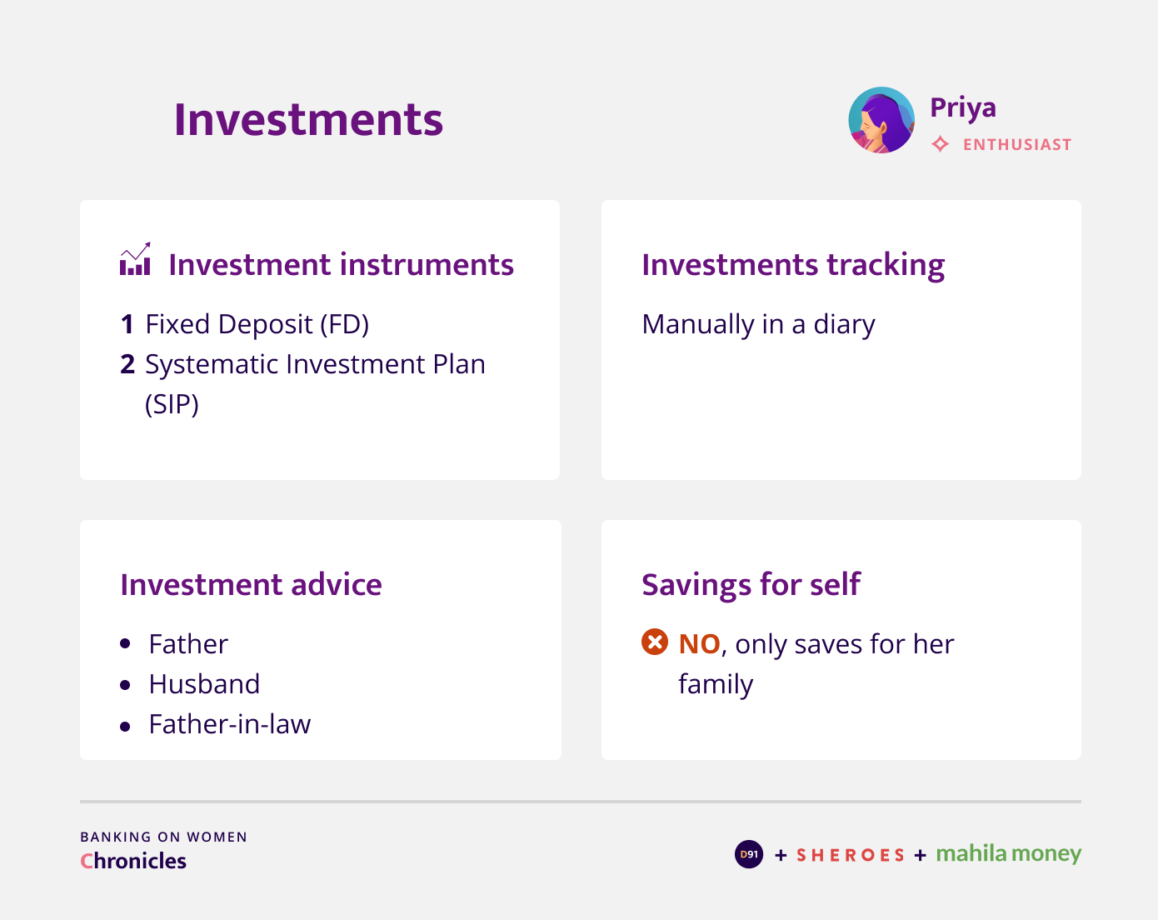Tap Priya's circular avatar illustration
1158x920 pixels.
(x=881, y=120)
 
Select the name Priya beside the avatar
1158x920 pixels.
(x=963, y=108)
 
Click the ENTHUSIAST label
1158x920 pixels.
(x=1017, y=145)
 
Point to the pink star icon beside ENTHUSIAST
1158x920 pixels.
(x=940, y=144)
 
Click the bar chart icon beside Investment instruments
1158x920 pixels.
(x=135, y=258)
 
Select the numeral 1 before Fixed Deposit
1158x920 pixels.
(x=127, y=324)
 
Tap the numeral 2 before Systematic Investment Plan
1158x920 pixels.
(x=127, y=364)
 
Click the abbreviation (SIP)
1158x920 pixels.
(x=172, y=404)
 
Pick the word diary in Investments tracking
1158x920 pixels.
(x=844, y=325)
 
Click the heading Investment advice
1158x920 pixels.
(x=251, y=585)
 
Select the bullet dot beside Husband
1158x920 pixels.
(x=125, y=685)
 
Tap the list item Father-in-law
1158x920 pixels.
(x=230, y=725)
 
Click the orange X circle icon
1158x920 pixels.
(x=654, y=642)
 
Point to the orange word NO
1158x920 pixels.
(x=700, y=644)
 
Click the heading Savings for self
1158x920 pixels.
(x=751, y=585)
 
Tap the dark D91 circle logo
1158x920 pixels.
(x=748, y=854)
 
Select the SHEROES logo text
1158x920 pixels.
(x=851, y=855)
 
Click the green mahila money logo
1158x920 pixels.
(x=1009, y=854)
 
